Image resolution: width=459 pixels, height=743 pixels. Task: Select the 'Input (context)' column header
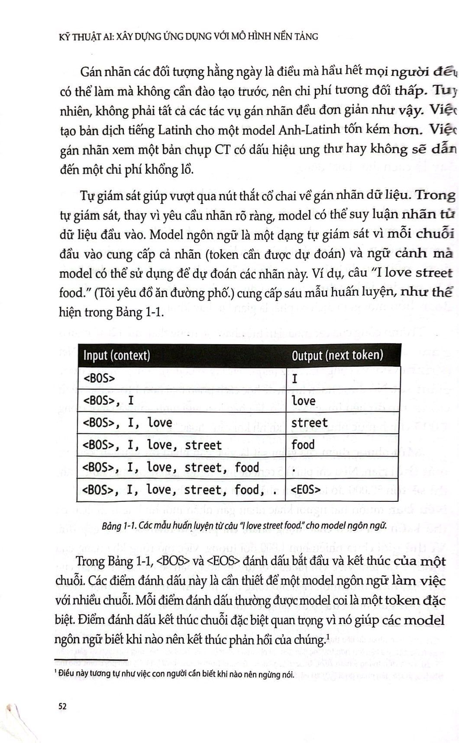(116, 355)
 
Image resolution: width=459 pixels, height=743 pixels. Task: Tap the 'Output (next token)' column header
(337, 355)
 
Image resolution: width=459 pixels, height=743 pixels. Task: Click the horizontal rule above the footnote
(91, 659)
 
